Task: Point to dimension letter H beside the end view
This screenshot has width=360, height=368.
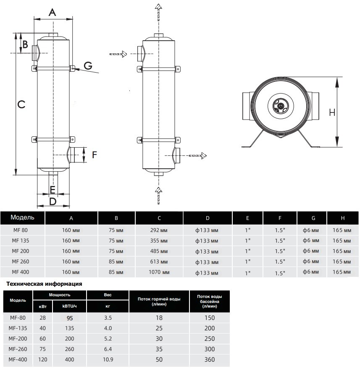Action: [332, 112]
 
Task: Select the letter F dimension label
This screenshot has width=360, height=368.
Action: [95, 154]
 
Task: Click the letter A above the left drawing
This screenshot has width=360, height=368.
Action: [52, 12]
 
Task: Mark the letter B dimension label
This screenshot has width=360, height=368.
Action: [25, 44]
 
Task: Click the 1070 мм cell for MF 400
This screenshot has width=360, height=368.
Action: [160, 272]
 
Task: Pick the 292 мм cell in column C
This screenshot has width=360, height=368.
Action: [160, 230]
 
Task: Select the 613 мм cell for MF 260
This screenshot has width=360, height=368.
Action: [160, 261]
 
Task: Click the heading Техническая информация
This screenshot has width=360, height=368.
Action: [43, 284]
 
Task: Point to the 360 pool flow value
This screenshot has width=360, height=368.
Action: [209, 359]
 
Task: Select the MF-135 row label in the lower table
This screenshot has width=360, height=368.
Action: [18, 328]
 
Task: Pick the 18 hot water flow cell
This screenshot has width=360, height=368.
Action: [159, 318]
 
